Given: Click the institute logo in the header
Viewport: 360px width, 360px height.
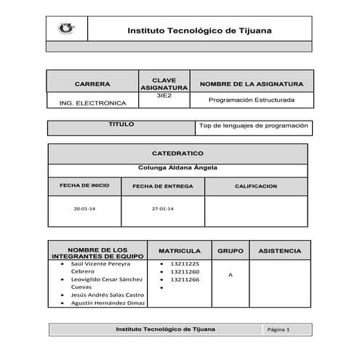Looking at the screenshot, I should (x=65, y=30).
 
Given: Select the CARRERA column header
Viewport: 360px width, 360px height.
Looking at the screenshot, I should (x=92, y=84).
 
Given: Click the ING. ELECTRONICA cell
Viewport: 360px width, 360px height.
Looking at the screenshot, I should (x=92, y=103).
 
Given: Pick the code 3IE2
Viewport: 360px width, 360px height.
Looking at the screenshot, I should (x=163, y=96).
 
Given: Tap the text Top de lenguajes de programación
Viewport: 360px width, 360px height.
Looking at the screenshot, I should (x=254, y=126).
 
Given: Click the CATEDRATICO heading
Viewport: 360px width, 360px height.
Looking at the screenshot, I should (x=177, y=154).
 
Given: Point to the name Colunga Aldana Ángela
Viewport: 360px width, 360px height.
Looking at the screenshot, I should (x=177, y=168).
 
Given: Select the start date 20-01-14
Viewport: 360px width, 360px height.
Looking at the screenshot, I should (x=84, y=209).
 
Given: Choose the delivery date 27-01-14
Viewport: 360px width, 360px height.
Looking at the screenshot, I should (x=163, y=209).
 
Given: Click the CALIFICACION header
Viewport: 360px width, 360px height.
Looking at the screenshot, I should (x=255, y=186).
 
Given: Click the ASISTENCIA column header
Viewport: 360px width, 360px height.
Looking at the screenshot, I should (x=279, y=251).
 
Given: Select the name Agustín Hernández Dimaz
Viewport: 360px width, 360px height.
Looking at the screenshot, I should (x=107, y=303).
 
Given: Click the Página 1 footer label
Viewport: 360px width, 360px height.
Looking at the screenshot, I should (x=279, y=329).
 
